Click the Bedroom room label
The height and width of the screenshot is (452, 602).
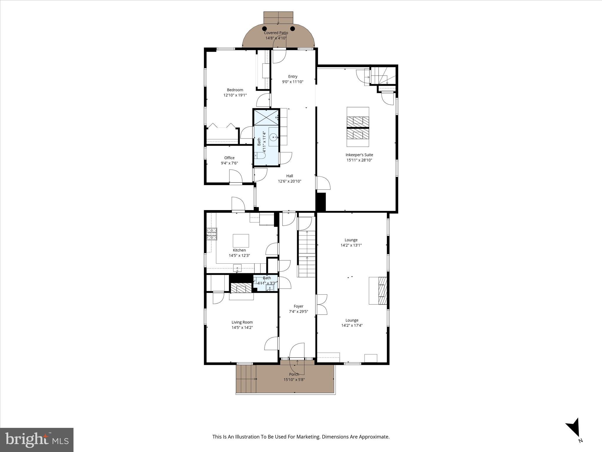pyautogui.click(x=235, y=90)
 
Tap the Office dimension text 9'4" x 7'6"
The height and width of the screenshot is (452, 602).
pyautogui.click(x=229, y=163)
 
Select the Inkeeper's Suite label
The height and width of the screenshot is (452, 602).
pyautogui.click(x=359, y=155)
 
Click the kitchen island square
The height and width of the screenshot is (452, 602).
pyautogui.click(x=241, y=241)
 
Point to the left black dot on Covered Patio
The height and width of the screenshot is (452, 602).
pyautogui.click(x=265, y=29)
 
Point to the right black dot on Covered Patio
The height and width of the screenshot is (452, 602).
pyautogui.click(x=292, y=29)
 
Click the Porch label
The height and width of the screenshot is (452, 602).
pyautogui.click(x=294, y=374)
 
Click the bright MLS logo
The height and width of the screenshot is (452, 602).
pyautogui.click(x=37, y=440)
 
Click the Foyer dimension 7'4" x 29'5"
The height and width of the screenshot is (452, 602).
pyautogui.click(x=298, y=312)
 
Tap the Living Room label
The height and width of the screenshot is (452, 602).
pyautogui.click(x=242, y=322)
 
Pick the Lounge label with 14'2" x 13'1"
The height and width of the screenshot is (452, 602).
pyautogui.click(x=351, y=240)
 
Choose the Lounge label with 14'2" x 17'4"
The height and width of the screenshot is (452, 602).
pyautogui.click(x=352, y=320)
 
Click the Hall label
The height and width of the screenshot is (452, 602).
pyautogui.click(x=290, y=176)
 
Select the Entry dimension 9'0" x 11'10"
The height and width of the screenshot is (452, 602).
pyautogui.click(x=292, y=82)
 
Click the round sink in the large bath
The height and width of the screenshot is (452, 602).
pyautogui.click(x=274, y=137)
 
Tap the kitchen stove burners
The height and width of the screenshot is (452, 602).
pyautogui.click(x=212, y=234)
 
